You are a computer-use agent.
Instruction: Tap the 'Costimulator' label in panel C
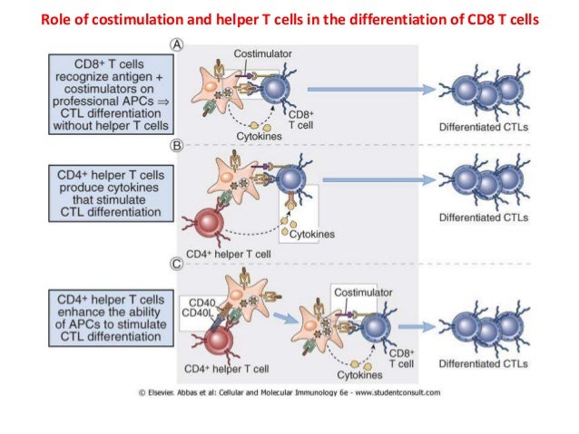(362, 293)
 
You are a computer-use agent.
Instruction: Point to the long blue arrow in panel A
(367, 89)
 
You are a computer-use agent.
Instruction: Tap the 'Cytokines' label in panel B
(312, 234)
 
